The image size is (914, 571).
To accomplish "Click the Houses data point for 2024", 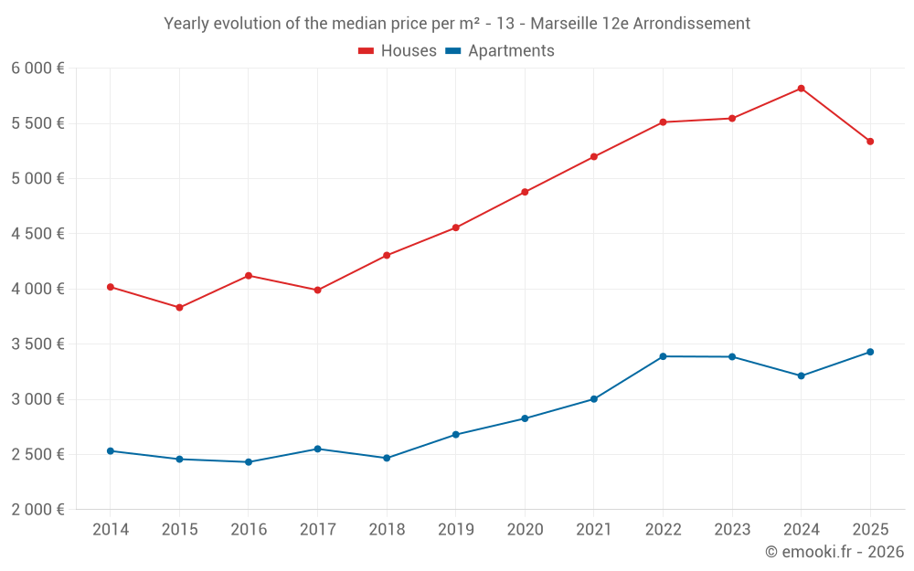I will (x=801, y=89).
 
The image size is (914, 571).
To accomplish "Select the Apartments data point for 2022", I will (x=663, y=356).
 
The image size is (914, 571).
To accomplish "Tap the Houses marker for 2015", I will (x=179, y=308).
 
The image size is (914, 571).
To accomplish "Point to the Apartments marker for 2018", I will (x=387, y=458).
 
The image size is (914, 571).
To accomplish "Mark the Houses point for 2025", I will (x=870, y=142).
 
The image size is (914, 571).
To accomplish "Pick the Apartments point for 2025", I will (x=870, y=352).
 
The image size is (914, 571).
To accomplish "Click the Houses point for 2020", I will (x=525, y=192).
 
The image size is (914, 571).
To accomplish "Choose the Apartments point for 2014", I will (x=111, y=450).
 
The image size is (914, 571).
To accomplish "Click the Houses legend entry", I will (x=398, y=51).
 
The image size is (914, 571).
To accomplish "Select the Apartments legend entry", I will (x=500, y=51).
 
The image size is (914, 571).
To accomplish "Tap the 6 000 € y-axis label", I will (x=37, y=69).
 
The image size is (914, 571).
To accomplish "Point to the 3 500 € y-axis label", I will (x=37, y=344).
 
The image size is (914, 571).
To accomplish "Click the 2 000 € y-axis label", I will (x=37, y=510).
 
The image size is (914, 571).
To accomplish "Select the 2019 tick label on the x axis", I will (x=455, y=530).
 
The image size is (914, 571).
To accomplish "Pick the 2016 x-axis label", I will (x=249, y=530).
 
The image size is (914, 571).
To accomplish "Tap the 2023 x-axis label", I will (x=732, y=530).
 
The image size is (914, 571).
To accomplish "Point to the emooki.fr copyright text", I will (x=834, y=552).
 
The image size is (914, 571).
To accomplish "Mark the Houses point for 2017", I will (x=317, y=291).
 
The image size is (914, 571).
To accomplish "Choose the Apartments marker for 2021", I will (x=594, y=399).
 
